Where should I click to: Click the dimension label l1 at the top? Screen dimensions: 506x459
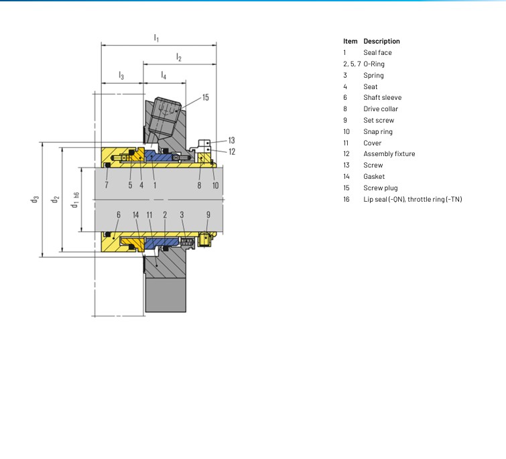pyautogui.click(x=156, y=38)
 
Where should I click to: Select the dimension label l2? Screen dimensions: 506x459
pyautogui.click(x=179, y=57)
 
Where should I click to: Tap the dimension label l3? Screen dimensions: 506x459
pyautogui.click(x=121, y=76)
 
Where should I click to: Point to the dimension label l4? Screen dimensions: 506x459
pyautogui.click(x=164, y=76)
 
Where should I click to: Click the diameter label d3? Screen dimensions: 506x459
pyautogui.click(x=35, y=199)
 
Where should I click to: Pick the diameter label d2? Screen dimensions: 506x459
pyautogui.click(x=55, y=199)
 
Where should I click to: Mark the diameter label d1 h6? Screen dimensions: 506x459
pyautogui.click(x=75, y=200)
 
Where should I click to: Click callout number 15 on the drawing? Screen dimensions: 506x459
pyautogui.click(x=206, y=97)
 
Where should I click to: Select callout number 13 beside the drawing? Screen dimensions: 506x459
pyautogui.click(x=231, y=140)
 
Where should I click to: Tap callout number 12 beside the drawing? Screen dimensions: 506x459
pyautogui.click(x=232, y=151)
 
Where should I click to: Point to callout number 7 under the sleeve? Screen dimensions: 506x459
pyautogui.click(x=107, y=185)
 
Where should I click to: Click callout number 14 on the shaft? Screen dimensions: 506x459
pyautogui.click(x=135, y=215)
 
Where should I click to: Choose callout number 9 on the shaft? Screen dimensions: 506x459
pyautogui.click(x=208, y=215)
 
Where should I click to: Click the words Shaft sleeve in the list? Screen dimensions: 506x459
pyautogui.click(x=383, y=97)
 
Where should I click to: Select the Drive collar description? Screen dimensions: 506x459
pyautogui.click(x=381, y=109)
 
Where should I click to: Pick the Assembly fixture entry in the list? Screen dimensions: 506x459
pyautogui.click(x=389, y=154)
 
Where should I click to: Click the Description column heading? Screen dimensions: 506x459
pyautogui.click(x=381, y=42)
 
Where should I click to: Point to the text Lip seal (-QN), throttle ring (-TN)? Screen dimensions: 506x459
pyautogui.click(x=413, y=199)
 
